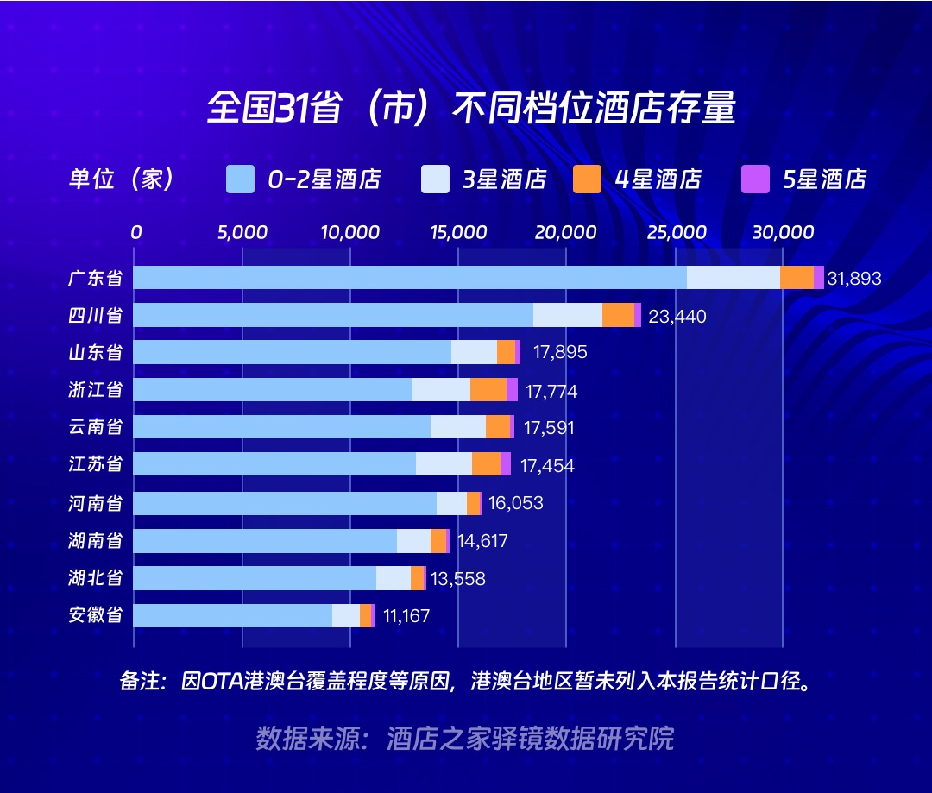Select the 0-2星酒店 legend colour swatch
click(x=240, y=179)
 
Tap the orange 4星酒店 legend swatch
click(x=587, y=179)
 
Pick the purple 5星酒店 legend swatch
click(x=755, y=179)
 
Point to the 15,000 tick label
click(x=457, y=232)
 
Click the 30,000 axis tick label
click(x=782, y=232)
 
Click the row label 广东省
click(x=95, y=279)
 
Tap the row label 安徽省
click(x=95, y=615)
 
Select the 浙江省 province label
click(x=95, y=390)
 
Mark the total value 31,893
click(x=853, y=279)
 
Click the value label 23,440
click(x=677, y=317)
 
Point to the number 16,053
click(x=515, y=503)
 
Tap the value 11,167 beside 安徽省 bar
click(x=401, y=616)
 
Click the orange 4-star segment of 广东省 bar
click(x=797, y=278)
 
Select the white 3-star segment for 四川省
click(x=567, y=315)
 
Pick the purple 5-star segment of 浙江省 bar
click(x=512, y=390)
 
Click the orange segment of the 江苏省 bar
click(x=486, y=464)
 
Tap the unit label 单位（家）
click(x=123, y=179)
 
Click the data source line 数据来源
click(x=464, y=739)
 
